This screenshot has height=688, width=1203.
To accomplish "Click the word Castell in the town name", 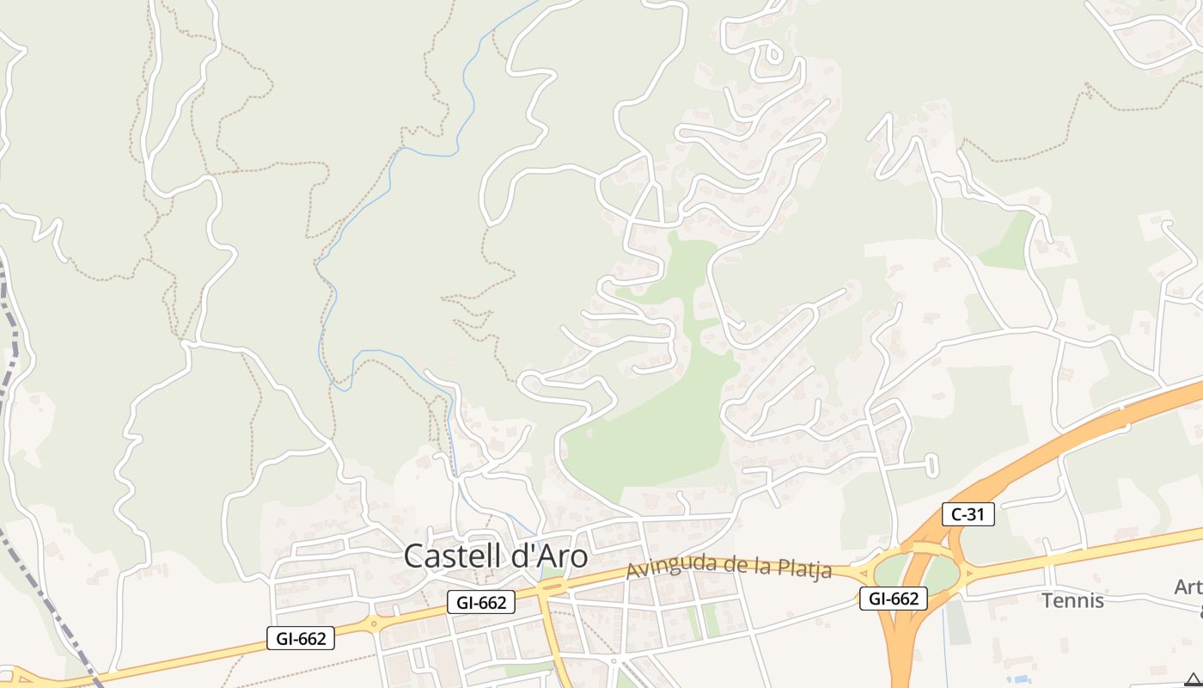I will (x=455, y=556).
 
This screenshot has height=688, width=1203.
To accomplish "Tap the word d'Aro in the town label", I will (x=551, y=556).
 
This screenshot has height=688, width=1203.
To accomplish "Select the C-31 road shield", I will (x=968, y=514).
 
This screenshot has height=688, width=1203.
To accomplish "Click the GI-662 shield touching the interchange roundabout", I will (x=894, y=599).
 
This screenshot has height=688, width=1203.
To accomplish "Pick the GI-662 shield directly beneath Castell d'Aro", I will (x=481, y=603).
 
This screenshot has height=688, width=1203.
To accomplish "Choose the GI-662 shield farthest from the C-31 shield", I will (x=301, y=638).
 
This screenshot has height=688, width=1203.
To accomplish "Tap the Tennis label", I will (x=1072, y=600).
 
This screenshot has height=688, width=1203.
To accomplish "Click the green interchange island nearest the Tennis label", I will (x=943, y=574).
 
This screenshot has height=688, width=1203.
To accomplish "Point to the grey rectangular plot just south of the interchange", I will (x=956, y=623).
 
